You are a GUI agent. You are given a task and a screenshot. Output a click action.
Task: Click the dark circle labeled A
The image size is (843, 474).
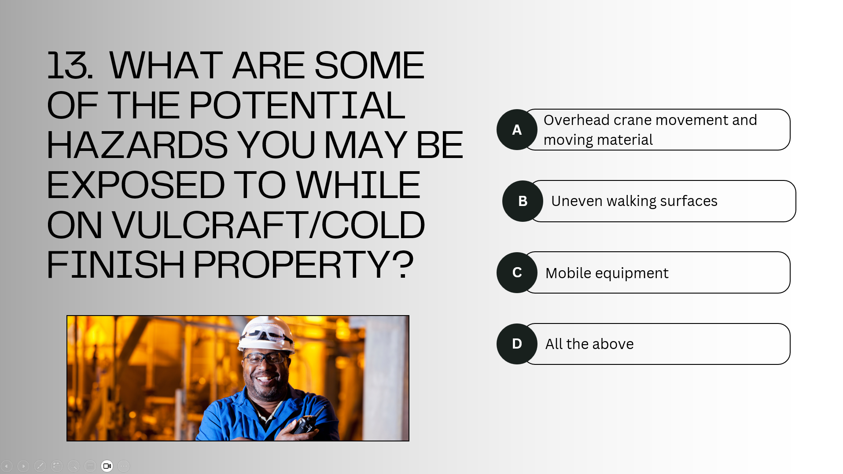click(517, 129)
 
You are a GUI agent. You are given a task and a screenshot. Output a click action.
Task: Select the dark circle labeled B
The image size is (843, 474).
click(523, 201)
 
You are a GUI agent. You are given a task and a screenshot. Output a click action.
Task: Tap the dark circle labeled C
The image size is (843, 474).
click(517, 272)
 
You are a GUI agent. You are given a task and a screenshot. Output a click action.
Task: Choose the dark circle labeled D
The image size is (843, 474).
click(517, 344)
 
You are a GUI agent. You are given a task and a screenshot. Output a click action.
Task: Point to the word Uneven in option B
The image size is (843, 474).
click(577, 201)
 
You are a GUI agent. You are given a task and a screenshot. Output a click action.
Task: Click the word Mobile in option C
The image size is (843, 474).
click(568, 273)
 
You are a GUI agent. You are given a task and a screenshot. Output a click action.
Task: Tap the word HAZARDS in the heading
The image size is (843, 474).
click(137, 145)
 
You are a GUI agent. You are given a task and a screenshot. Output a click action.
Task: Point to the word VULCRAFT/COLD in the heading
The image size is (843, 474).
click(268, 225)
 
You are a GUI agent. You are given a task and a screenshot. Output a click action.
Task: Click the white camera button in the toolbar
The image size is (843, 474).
click(107, 466)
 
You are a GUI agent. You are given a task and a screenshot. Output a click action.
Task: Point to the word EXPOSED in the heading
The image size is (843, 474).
click(136, 185)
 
